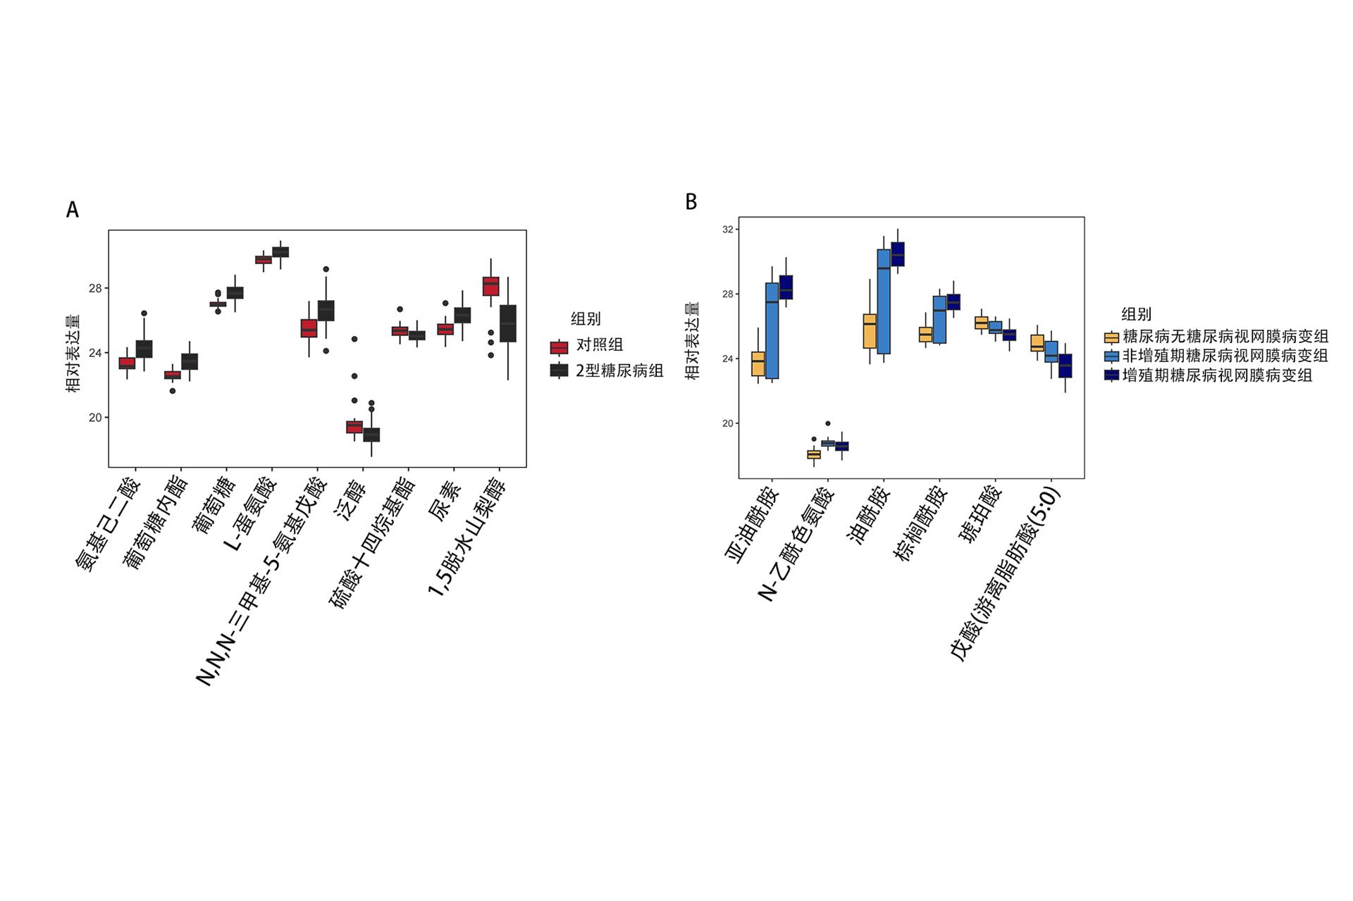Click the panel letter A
(x=72, y=210)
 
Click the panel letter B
(x=691, y=202)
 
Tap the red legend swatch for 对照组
(x=559, y=347)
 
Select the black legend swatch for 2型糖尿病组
(x=559, y=371)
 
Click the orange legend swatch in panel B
(x=1111, y=337)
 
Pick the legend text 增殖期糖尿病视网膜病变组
(x=1217, y=375)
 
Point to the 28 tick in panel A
(x=95, y=288)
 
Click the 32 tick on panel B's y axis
(x=727, y=230)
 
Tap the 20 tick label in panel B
(x=727, y=423)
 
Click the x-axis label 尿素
(x=445, y=502)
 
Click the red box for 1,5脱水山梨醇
(x=491, y=286)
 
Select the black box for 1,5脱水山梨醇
(x=508, y=323)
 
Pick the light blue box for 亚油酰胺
(x=772, y=330)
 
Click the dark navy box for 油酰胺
(x=898, y=254)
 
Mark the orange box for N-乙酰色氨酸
(x=814, y=454)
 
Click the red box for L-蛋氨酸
(x=264, y=260)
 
